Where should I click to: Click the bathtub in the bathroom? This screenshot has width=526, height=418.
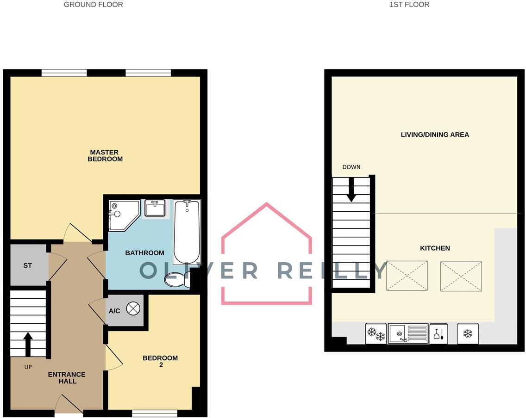pyautogui.click(x=187, y=231)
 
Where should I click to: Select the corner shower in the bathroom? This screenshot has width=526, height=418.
pyautogui.click(x=122, y=214)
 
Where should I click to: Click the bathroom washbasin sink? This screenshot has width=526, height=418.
pyautogui.click(x=155, y=209)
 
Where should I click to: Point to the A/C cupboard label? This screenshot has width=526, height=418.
pyautogui.click(x=114, y=311)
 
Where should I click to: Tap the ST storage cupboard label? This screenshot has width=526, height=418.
pyautogui.click(x=28, y=266)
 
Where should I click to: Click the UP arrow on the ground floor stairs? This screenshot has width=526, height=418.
pyautogui.click(x=28, y=344)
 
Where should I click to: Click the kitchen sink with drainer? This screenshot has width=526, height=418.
pyautogui.click(x=407, y=333)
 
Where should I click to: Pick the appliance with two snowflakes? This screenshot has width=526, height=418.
pyautogui.click(x=376, y=333)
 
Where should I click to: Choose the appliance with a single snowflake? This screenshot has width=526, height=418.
pyautogui.click(x=468, y=333)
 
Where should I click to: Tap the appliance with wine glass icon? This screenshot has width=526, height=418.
pyautogui.click(x=438, y=333)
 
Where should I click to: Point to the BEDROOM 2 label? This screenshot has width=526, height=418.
pyautogui.click(x=160, y=361)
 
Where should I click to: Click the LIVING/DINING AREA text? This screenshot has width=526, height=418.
pyautogui.click(x=435, y=135)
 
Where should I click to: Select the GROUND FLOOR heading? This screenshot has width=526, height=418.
pyautogui.click(x=94, y=5)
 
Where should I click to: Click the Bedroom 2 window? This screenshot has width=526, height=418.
pyautogui.click(x=154, y=413)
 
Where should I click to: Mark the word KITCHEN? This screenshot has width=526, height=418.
pyautogui.click(x=435, y=248)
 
